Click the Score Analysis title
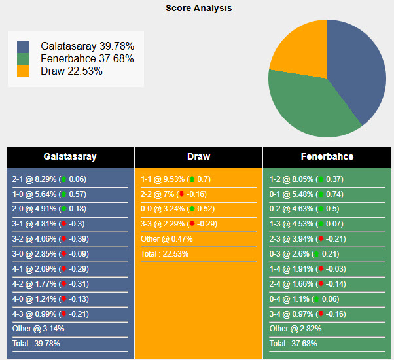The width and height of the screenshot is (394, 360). pos(198,9)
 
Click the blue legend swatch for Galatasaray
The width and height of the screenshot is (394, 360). pos(23,47)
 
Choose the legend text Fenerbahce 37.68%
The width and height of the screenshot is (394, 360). pos(87,59)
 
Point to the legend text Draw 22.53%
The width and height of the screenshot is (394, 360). pos(71,71)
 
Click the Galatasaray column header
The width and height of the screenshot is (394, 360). pos(70,157)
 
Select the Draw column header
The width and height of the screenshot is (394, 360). pos(198,157)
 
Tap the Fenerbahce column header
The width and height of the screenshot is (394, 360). pos(327,157)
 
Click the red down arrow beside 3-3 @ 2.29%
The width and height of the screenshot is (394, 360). pos(192,224)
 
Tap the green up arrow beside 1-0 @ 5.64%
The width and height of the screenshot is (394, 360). pos(63,194)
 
